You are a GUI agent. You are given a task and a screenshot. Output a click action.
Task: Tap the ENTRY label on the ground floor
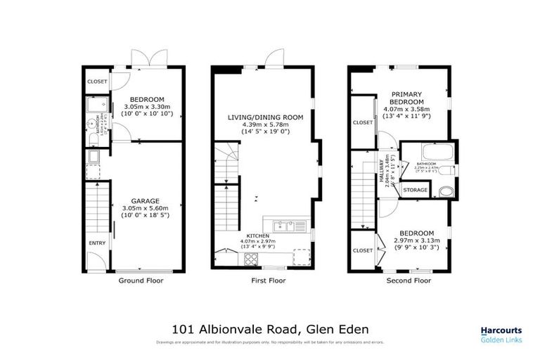pyautogui.click(x=96, y=243)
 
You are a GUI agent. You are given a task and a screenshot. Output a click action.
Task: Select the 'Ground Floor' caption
pyautogui.click(x=141, y=280)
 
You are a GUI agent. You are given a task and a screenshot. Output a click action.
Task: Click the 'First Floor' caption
pyautogui.click(x=268, y=280)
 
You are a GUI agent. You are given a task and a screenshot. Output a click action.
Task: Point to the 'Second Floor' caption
pyautogui.click(x=409, y=280)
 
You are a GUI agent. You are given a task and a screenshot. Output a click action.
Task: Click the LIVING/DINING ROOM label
pyautogui.click(x=266, y=117)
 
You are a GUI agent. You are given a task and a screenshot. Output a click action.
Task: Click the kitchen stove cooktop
pyautogui.click(x=252, y=259)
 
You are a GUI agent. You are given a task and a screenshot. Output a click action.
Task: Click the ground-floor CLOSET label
pyautogui.click(x=97, y=82)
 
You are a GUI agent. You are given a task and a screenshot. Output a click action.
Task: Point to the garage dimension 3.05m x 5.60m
pyautogui.click(x=148, y=208)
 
